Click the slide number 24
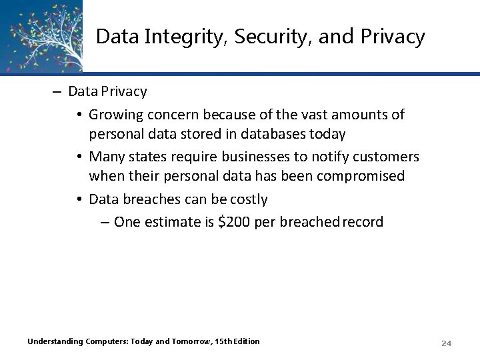point(447,343)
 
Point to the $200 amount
point(234,221)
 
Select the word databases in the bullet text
point(275,133)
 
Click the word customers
point(387,157)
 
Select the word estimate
point(171,221)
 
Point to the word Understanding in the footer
point(55,341)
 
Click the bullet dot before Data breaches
point(79,199)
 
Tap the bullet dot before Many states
point(79,157)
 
